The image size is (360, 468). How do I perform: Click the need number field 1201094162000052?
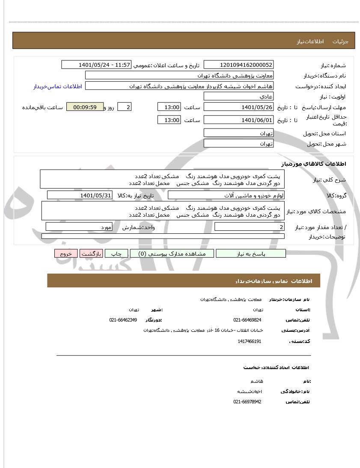(x=238, y=65)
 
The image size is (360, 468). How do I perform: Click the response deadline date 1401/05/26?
(x=238, y=107)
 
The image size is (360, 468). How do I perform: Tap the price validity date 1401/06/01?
(x=238, y=120)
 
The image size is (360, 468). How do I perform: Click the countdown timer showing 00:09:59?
(x=85, y=107)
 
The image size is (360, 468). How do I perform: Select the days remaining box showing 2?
(x=124, y=107)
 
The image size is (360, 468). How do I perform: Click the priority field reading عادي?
(x=238, y=97)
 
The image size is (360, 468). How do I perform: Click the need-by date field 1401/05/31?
(x=80, y=195)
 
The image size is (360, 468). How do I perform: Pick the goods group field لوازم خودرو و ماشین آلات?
(x=226, y=195)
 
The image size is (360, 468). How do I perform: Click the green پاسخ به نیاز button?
(x=251, y=253)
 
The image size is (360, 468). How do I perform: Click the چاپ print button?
(x=116, y=253)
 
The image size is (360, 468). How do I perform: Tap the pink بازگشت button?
(x=91, y=253)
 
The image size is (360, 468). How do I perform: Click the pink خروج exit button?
(x=65, y=253)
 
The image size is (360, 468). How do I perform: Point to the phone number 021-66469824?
(x=247, y=320)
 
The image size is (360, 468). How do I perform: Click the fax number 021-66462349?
(x=123, y=320)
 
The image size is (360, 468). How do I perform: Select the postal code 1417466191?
(x=249, y=341)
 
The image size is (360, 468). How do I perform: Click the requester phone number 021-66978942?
(x=247, y=402)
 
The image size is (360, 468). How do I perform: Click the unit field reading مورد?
(x=80, y=227)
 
